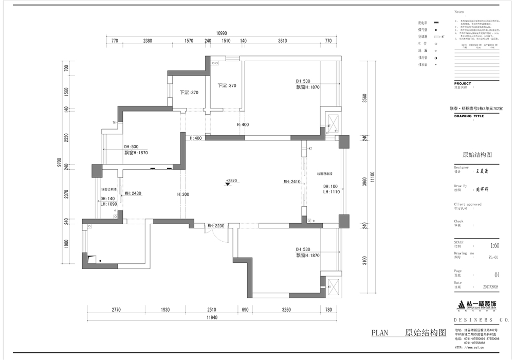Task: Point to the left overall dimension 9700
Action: coord(60,163)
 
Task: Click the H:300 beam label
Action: coord(183,194)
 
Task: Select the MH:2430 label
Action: coord(133,193)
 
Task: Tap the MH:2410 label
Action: coord(292,182)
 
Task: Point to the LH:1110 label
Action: coord(332,192)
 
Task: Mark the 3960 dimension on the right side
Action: coord(364,182)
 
